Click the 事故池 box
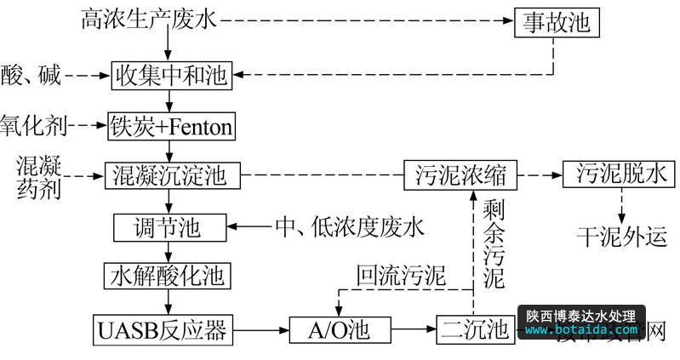point(557,22)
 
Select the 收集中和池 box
point(171,76)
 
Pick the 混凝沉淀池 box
point(170,176)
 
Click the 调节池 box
point(170,227)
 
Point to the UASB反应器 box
point(162,327)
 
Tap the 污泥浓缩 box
point(460,176)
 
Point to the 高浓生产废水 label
point(149,19)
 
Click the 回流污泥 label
point(401,274)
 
